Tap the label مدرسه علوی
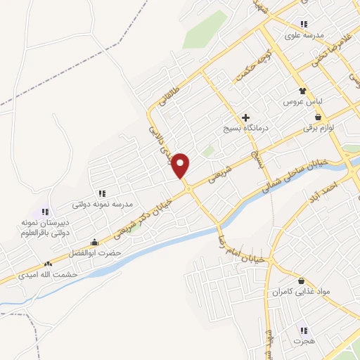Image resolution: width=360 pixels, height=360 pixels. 304,34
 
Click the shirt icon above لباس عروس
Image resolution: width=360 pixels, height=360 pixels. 302,91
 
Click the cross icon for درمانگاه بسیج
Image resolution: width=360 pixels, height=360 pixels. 245,117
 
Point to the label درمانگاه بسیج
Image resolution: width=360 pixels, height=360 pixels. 243,129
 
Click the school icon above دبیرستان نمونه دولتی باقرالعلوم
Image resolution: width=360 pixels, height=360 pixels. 45,211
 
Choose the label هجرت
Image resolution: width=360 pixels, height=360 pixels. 303,340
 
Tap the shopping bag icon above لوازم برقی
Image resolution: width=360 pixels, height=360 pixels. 319,117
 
